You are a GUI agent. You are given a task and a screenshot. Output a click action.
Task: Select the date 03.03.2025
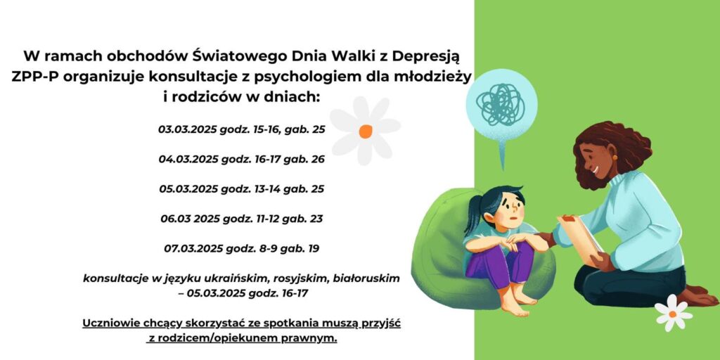tap(188, 129)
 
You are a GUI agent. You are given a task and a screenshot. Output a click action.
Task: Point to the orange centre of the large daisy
tap(366, 131)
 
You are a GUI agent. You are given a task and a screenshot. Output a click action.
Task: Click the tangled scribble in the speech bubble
tap(501, 104)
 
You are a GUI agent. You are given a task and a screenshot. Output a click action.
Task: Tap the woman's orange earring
tap(615, 158)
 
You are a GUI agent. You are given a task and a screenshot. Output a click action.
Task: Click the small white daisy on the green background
tap(673, 313)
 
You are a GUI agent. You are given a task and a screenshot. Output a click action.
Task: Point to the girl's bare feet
tap(517, 303)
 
